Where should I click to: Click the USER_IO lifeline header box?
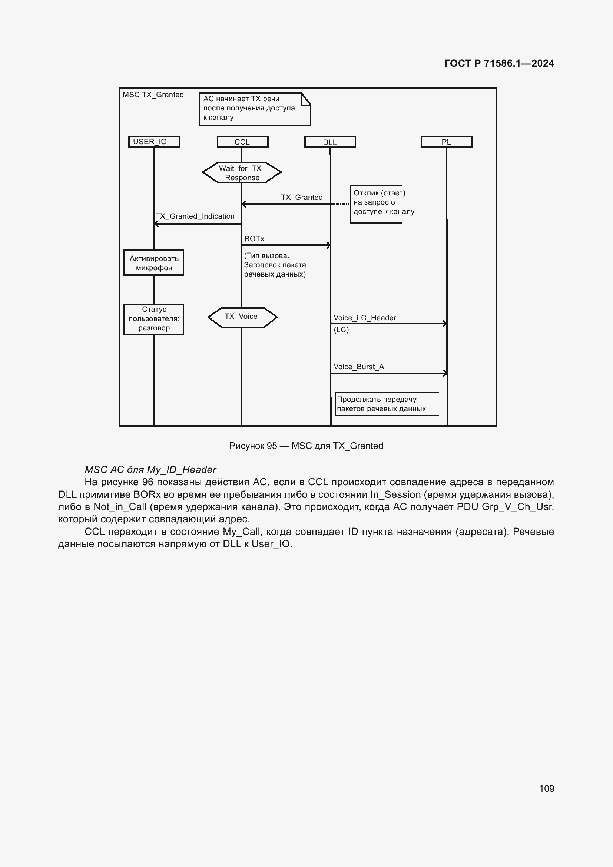coord(154,142)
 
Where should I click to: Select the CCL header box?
coord(242,142)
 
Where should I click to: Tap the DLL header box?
coord(330,142)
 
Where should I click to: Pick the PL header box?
coord(446,142)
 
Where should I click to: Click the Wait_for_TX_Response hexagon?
coord(242,173)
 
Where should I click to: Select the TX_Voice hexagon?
coord(242,317)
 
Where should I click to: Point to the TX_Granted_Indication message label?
coord(195,216)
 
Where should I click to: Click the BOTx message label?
coord(254,239)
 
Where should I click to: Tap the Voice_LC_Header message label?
coord(365,318)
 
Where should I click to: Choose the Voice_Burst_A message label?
coord(359,367)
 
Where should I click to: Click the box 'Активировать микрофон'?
coord(154,263)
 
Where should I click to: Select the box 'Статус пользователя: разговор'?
coord(154,319)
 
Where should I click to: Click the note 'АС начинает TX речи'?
coord(254,108)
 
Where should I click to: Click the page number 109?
coord(546,788)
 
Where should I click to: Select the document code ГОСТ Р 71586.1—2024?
coord(498,63)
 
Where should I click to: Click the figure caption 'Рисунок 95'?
coord(306,446)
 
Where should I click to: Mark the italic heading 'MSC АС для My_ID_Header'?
coord(150,469)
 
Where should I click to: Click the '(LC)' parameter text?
coord(341,330)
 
